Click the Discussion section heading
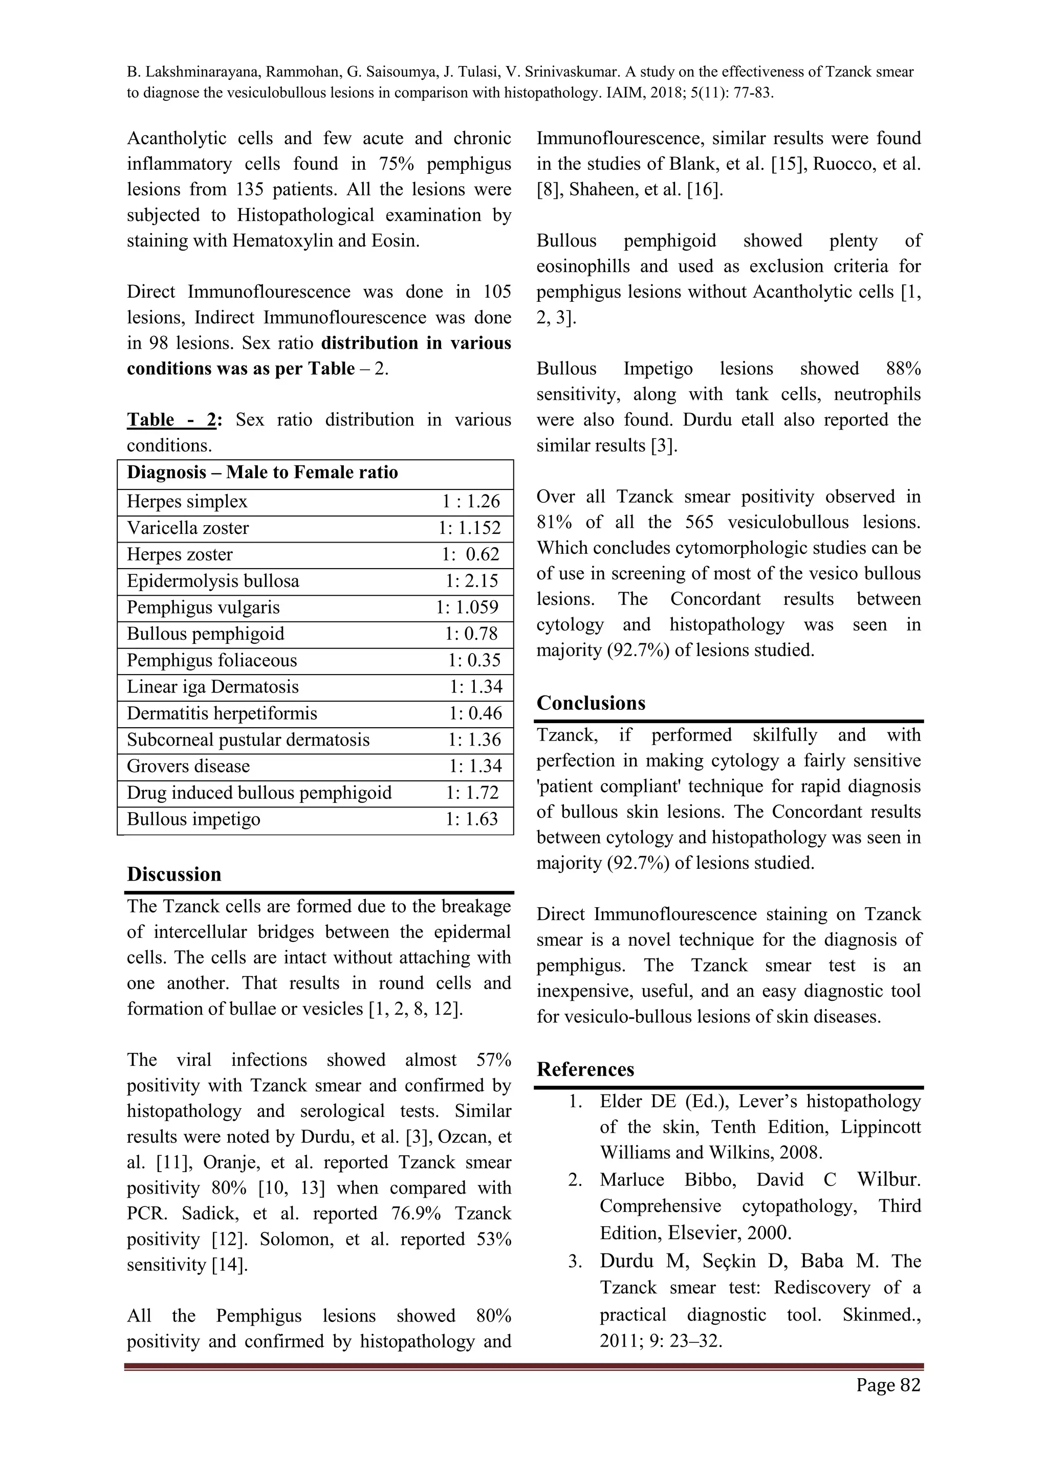(x=173, y=874)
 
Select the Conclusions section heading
(x=591, y=703)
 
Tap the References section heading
(x=585, y=1069)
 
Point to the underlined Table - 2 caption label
(x=171, y=420)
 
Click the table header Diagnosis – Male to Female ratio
(x=262, y=473)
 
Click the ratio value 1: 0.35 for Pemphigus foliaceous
(x=474, y=661)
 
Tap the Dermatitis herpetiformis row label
(x=222, y=713)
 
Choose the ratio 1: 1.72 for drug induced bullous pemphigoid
(x=472, y=793)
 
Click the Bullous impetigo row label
(x=193, y=819)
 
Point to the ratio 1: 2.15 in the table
(x=472, y=581)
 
